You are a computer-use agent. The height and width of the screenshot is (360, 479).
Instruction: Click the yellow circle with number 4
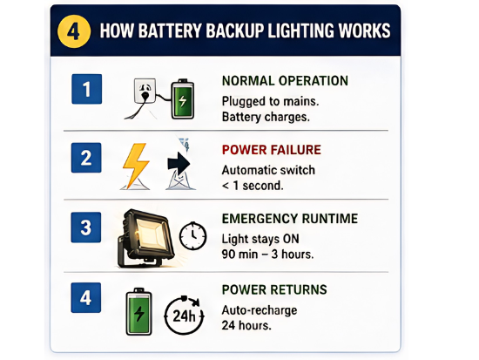(x=74, y=31)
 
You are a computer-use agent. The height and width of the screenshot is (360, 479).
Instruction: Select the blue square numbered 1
(x=87, y=89)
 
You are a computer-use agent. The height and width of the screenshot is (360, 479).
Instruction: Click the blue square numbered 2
(x=86, y=158)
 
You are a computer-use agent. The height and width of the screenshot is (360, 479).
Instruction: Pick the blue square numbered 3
(x=86, y=228)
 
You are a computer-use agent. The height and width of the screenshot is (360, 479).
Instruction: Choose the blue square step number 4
(x=86, y=297)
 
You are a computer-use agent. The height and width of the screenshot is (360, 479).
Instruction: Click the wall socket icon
(x=145, y=91)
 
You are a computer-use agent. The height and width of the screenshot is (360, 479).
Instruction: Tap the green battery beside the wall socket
(x=182, y=99)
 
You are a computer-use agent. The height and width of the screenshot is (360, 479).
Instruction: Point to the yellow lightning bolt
(x=135, y=166)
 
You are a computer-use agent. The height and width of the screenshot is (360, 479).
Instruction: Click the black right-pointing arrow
(x=179, y=164)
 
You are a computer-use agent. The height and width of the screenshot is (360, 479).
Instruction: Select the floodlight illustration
(x=145, y=238)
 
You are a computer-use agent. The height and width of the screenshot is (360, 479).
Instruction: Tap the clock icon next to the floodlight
(x=192, y=236)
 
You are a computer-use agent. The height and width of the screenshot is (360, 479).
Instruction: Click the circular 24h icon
(x=185, y=315)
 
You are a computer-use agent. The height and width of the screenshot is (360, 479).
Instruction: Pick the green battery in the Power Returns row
(x=139, y=311)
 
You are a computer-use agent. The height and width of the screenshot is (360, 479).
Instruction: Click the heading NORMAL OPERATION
(x=285, y=81)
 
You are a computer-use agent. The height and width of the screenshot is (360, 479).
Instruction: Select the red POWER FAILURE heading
(x=272, y=150)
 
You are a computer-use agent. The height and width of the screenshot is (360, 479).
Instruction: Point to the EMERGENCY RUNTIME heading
(x=290, y=219)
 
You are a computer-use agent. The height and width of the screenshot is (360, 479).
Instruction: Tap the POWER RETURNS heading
(x=274, y=289)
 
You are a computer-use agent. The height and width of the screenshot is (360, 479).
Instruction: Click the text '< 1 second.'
(x=253, y=186)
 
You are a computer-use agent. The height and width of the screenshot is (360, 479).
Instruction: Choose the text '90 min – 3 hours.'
(x=267, y=255)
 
